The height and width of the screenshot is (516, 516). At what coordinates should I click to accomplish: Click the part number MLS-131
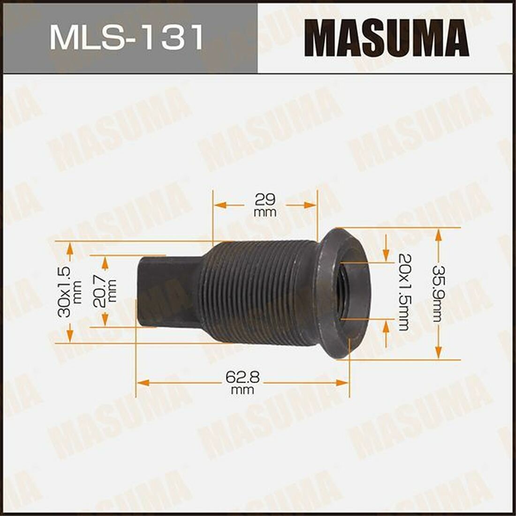pyautogui.click(x=127, y=37)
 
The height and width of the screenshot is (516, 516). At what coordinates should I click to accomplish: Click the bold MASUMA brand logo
pyautogui.click(x=387, y=38)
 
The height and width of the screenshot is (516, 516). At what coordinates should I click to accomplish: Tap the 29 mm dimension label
pyautogui.click(x=266, y=205)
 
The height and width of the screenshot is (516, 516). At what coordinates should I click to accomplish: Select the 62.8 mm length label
pyautogui.click(x=243, y=382)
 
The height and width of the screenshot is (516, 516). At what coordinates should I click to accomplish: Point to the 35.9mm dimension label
pyautogui.click(x=438, y=294)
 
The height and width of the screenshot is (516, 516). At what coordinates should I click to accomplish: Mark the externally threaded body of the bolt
pyautogui.click(x=258, y=293)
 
